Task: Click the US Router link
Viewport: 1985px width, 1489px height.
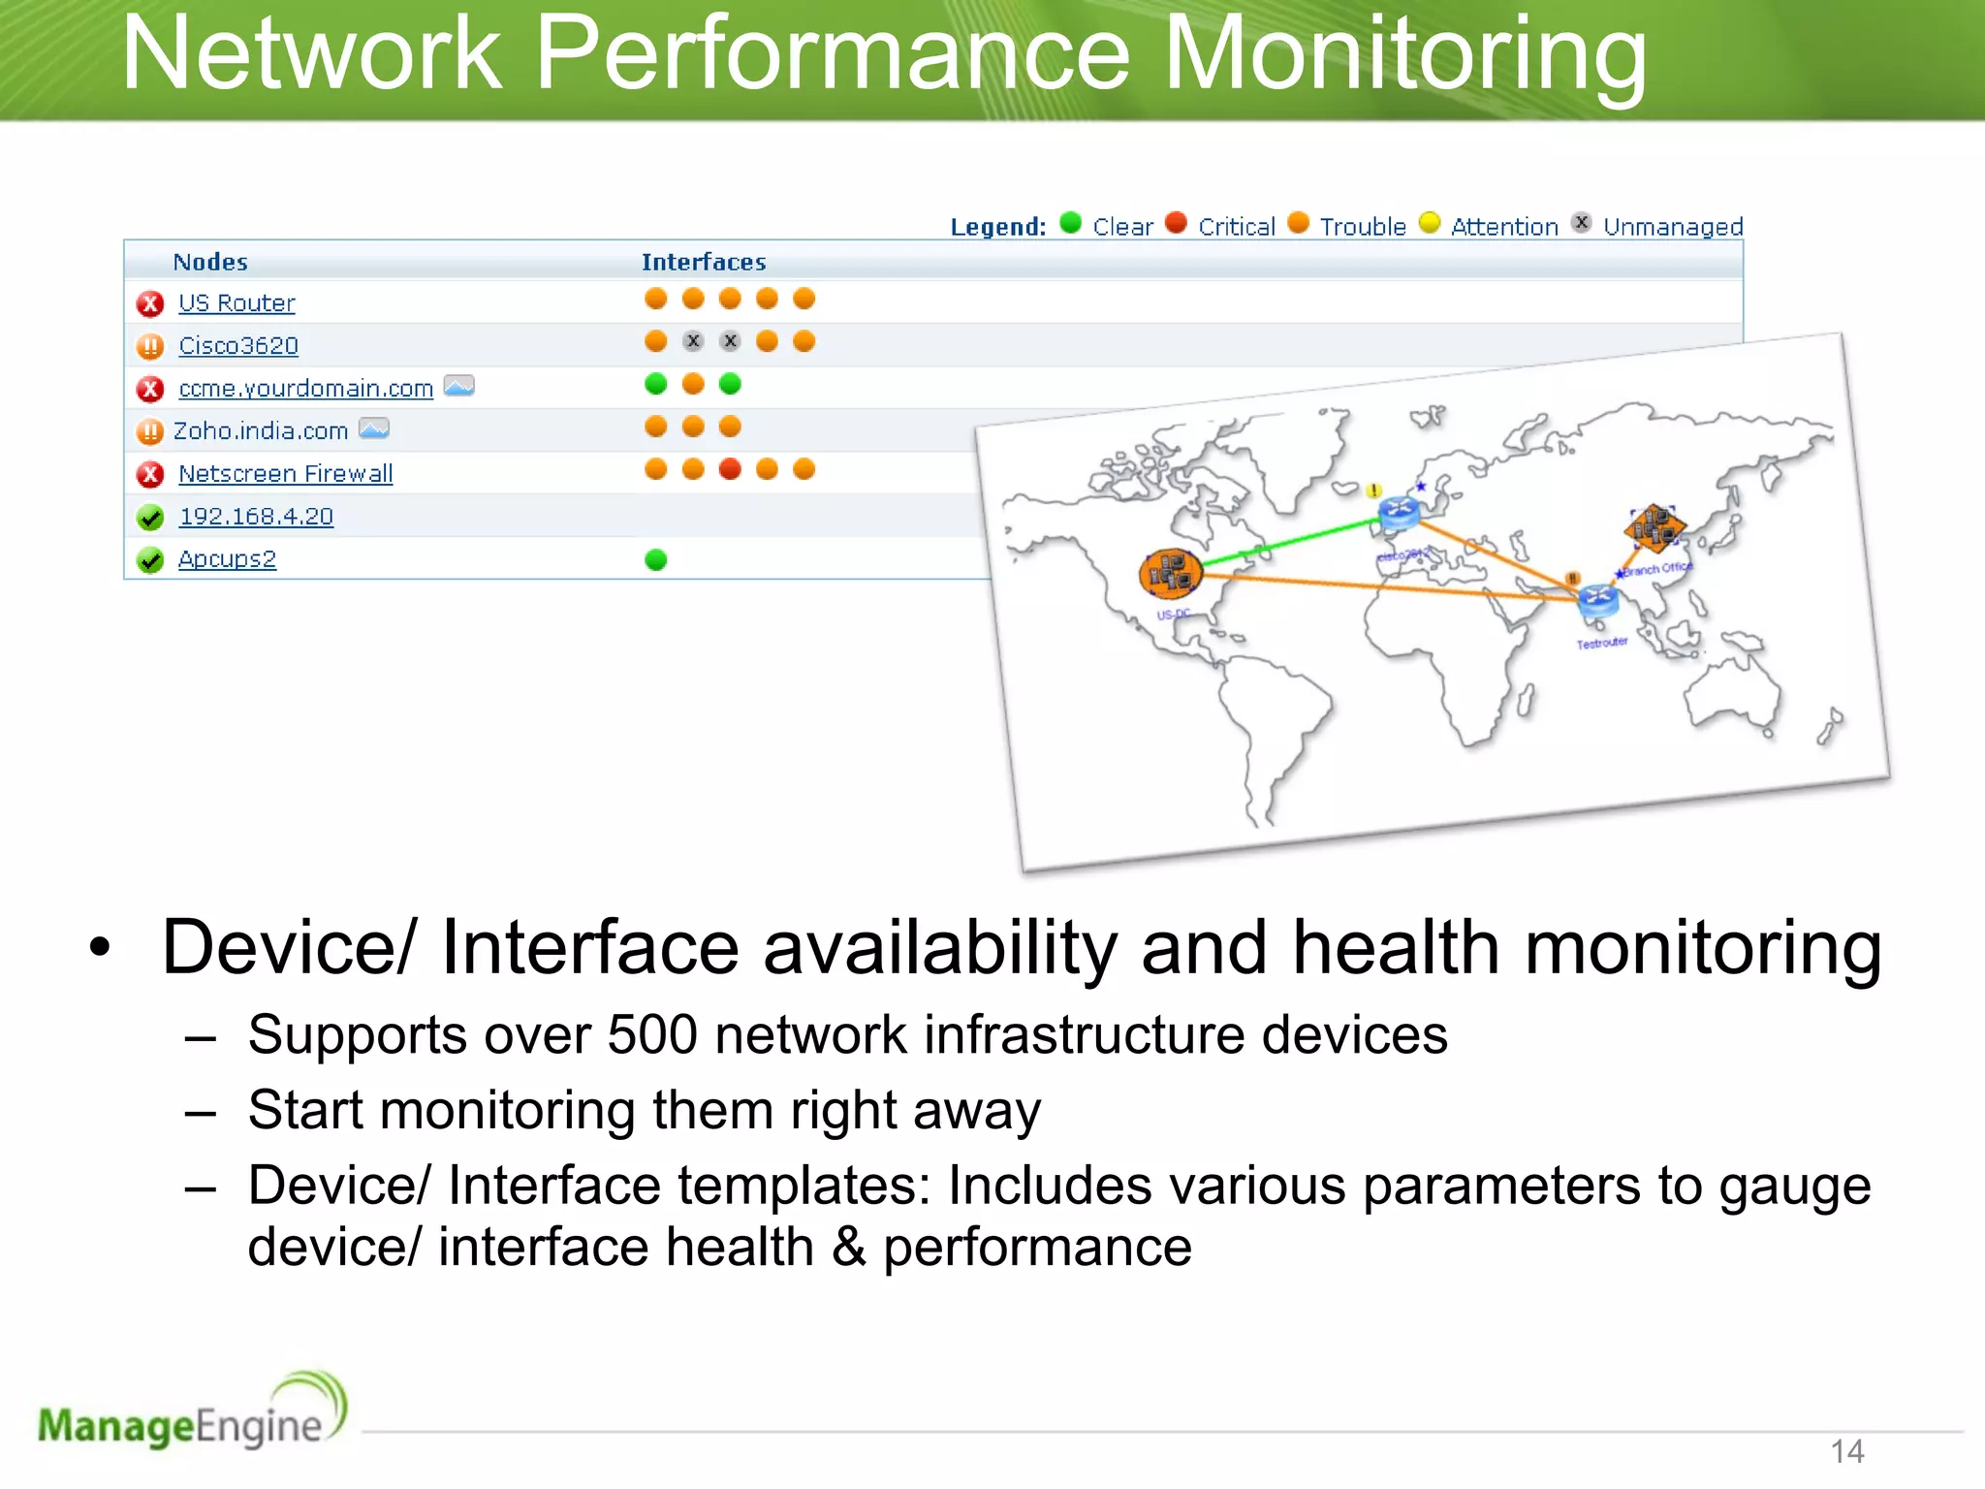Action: tap(236, 303)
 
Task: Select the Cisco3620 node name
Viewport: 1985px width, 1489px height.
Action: tap(238, 346)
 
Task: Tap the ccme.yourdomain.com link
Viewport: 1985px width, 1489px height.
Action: tap(305, 389)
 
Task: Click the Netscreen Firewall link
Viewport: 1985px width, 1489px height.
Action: tap(286, 474)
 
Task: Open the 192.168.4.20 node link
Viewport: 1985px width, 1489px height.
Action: tap(256, 517)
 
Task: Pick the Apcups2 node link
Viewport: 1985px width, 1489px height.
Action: tap(227, 559)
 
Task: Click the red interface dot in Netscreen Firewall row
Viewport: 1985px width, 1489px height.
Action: tap(730, 469)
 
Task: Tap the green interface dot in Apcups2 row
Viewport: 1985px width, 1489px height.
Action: tap(656, 559)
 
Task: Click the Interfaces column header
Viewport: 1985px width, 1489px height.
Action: tap(704, 262)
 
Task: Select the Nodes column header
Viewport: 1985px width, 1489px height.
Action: tap(210, 262)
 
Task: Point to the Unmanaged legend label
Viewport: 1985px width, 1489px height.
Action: tap(1673, 227)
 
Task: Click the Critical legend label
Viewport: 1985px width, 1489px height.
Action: tap(1237, 227)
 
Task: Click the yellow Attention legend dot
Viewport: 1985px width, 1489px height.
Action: tap(1430, 223)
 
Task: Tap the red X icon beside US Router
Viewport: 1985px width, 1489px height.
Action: tap(150, 304)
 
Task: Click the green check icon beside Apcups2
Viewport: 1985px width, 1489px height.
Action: tap(150, 560)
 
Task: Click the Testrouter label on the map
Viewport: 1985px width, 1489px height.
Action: tap(1601, 643)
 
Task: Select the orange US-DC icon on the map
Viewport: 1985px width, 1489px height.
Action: tap(1170, 573)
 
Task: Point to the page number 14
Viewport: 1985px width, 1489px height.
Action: tap(1847, 1451)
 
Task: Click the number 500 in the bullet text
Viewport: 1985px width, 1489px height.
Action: tap(652, 1034)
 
